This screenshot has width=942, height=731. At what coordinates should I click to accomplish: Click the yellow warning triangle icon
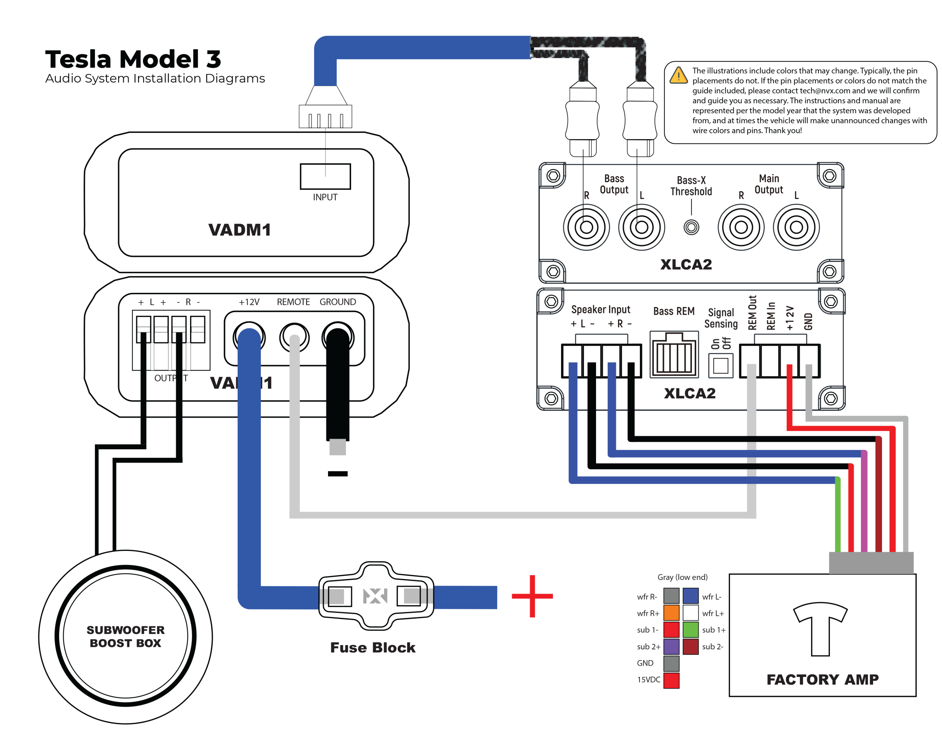[x=679, y=76]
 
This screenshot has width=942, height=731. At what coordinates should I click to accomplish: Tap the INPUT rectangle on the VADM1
[x=325, y=176]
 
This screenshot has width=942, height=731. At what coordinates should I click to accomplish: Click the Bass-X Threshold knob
[x=691, y=227]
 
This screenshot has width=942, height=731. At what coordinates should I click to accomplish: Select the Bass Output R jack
[x=586, y=227]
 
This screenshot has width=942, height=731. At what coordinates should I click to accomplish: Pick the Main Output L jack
[x=796, y=227]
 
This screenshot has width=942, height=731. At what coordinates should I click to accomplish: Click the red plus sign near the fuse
[x=532, y=596]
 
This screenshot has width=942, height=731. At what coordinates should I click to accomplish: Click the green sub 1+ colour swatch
[x=690, y=630]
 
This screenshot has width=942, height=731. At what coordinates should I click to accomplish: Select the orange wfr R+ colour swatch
[x=671, y=613]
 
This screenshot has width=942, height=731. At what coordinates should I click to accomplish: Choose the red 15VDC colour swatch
[x=671, y=680]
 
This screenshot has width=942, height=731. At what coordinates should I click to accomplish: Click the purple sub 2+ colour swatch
[x=671, y=646]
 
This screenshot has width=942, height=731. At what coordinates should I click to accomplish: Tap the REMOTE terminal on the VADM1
[x=294, y=337]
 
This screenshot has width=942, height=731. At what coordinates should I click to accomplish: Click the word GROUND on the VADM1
[x=338, y=302]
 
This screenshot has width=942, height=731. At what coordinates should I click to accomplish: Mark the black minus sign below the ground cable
[x=338, y=474]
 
